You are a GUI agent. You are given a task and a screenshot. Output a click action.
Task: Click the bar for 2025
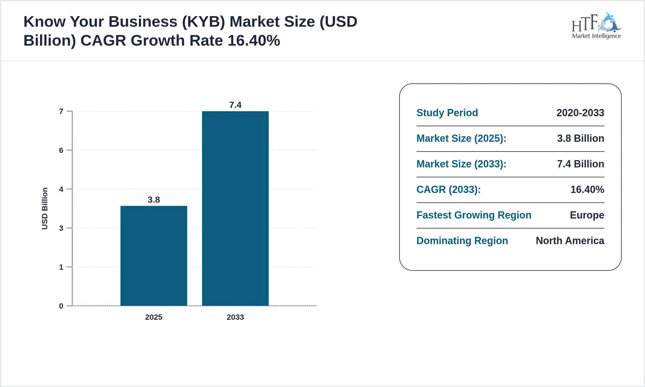tap(154, 256)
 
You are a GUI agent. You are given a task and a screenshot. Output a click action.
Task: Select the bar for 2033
tap(235, 208)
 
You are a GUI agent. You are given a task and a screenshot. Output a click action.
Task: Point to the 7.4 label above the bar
tap(235, 105)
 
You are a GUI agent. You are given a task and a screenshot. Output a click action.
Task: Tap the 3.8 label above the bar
tap(154, 200)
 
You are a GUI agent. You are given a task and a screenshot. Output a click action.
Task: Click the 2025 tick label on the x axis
tap(154, 317)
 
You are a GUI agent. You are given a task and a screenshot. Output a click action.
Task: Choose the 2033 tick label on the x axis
tap(235, 317)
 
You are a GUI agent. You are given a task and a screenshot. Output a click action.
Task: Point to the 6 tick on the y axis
tap(61, 150)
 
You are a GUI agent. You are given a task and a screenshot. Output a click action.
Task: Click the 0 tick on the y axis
tap(61, 306)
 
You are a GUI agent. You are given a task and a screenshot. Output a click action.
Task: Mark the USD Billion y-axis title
tap(45, 209)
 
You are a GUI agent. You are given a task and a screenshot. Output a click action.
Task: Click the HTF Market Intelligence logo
tap(596, 26)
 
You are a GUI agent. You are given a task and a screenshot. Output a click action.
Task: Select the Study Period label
tap(447, 113)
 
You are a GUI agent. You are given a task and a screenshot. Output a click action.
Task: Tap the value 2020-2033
tap(580, 113)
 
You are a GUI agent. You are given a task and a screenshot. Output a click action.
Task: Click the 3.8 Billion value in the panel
tap(580, 138)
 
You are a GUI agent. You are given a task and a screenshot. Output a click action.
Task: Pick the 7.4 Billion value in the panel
tap(580, 164)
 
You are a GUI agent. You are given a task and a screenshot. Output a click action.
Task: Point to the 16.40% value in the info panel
tap(587, 189)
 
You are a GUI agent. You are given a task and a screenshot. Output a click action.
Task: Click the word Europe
tap(587, 215)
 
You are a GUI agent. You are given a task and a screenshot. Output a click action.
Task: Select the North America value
tap(570, 241)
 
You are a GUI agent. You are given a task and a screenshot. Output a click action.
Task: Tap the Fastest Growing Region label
tap(474, 215)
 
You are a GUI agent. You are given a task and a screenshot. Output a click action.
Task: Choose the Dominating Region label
tap(462, 241)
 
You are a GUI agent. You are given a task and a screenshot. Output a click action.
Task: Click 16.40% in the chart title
tap(254, 41)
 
